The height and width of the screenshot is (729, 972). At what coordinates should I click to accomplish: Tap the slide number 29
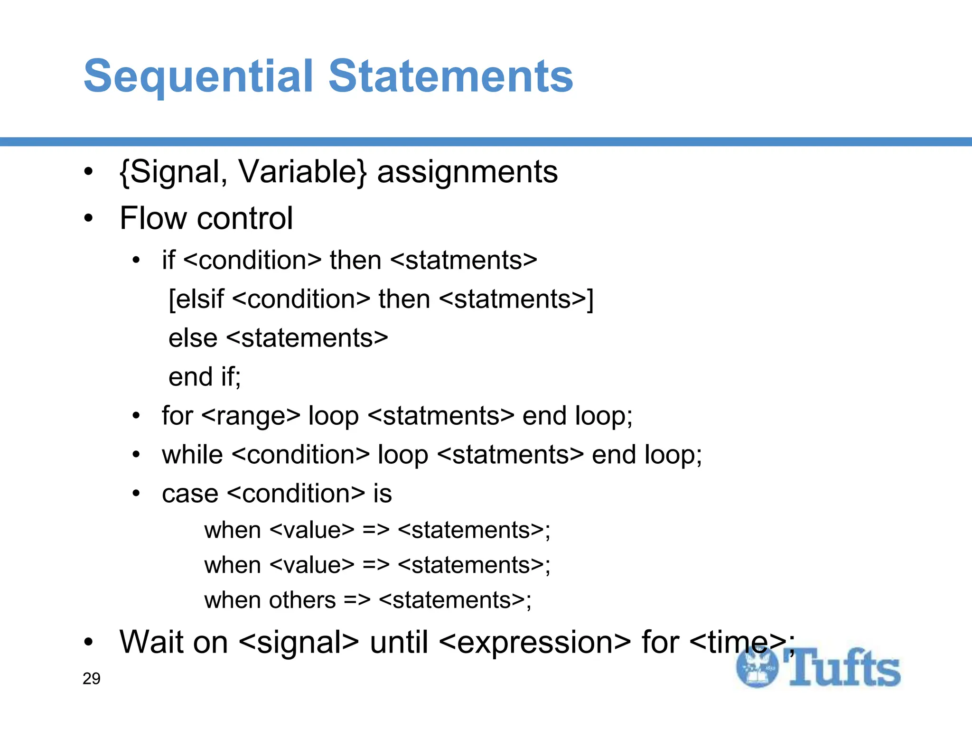point(91,679)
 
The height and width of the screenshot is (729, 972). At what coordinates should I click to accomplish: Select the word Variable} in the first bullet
point(303,172)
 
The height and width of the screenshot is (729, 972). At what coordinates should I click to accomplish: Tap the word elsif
point(196,299)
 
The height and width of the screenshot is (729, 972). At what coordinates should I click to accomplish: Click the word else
point(193,338)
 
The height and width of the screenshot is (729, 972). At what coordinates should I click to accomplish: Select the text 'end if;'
point(205,377)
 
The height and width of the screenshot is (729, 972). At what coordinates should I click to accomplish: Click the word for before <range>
point(177,416)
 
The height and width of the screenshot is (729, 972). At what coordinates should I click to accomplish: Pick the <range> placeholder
point(251,416)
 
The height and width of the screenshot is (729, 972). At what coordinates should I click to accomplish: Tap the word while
point(192,455)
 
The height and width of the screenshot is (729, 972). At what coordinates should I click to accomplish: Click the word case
point(190,494)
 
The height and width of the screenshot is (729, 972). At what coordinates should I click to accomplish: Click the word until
point(399,642)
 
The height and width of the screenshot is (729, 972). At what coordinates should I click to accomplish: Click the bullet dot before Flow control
point(88,219)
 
